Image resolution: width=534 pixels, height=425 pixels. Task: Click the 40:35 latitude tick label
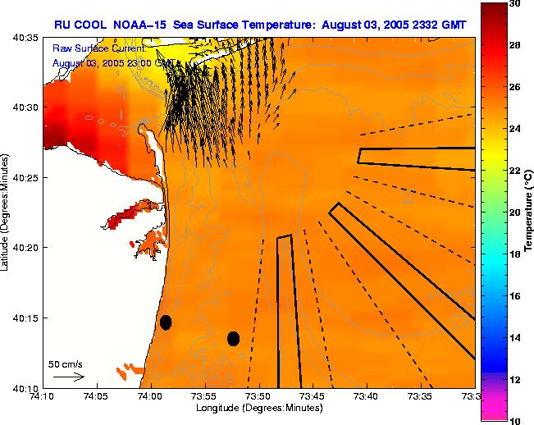pos(27,38)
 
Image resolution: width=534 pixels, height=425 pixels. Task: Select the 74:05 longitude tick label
pos(96,396)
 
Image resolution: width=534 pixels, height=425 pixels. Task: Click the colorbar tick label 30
pos(515,4)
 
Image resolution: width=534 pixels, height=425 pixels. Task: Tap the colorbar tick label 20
pos(515,212)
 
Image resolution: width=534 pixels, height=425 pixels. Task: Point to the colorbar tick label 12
pos(515,379)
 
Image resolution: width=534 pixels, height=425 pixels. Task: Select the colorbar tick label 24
pos(515,129)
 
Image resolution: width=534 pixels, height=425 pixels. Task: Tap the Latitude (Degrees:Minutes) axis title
pos(7,212)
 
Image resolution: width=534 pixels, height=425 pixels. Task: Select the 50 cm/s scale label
pos(66,363)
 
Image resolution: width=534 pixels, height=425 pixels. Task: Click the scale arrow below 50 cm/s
pos(68,377)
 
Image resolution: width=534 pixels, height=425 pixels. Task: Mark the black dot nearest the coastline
pos(166,322)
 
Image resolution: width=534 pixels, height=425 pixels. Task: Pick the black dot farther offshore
pos(233,338)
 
